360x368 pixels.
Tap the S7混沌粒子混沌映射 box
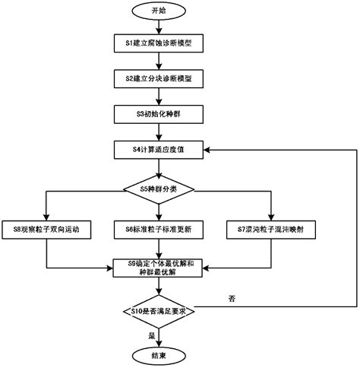[x=271, y=228]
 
